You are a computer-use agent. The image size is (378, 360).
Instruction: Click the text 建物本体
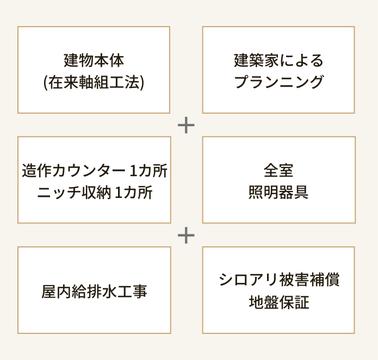94,59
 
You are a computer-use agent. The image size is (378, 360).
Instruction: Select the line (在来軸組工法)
94,82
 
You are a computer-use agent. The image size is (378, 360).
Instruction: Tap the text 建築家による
278,59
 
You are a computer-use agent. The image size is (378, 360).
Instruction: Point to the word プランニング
278,82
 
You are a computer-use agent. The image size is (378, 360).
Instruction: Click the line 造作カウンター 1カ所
95,170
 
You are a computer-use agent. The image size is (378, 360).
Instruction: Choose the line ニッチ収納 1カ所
95,193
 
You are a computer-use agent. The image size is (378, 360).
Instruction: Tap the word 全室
278,170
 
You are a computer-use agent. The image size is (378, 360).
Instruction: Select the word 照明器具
278,193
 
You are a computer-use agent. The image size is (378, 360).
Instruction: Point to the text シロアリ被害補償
279,280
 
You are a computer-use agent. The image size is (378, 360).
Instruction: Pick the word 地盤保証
279,303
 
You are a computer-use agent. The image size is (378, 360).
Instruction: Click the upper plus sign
186,126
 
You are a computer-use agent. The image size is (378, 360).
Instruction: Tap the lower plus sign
186,235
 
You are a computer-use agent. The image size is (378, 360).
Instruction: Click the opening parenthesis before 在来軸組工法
45,83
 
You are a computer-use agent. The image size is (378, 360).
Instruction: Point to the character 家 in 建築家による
267,59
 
